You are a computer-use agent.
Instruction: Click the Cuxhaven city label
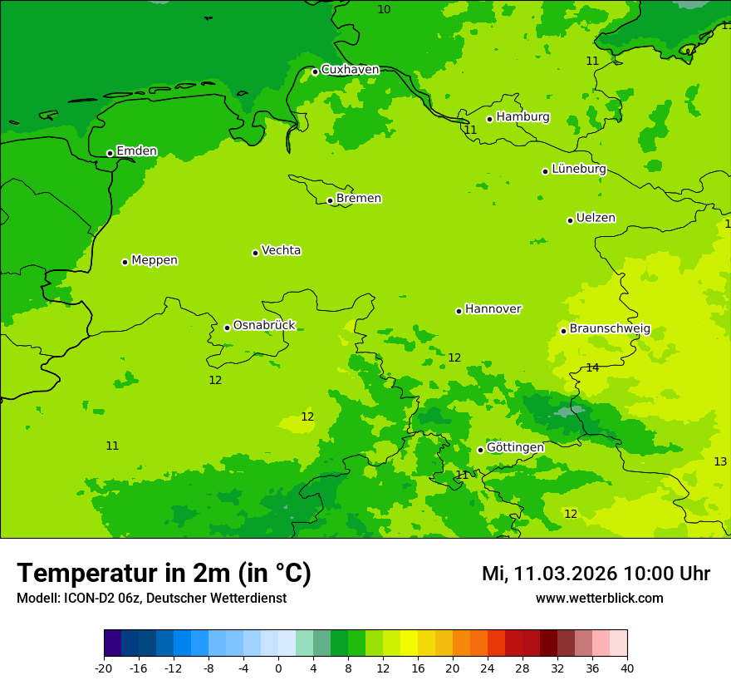(x=350, y=70)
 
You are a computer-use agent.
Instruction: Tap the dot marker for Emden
(x=110, y=153)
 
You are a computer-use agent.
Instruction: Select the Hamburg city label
(x=522, y=117)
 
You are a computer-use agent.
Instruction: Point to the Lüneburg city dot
(x=545, y=171)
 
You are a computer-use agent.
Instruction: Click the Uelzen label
(x=596, y=219)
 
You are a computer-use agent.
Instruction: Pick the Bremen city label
(x=358, y=199)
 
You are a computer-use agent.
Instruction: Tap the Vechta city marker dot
(x=255, y=253)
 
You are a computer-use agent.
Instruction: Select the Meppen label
(x=155, y=260)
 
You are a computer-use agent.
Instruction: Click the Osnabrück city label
(x=264, y=326)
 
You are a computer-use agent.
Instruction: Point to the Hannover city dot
(x=459, y=311)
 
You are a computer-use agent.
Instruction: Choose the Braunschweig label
(x=610, y=329)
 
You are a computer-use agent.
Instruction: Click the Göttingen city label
(x=515, y=448)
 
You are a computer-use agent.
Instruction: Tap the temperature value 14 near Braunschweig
(x=592, y=367)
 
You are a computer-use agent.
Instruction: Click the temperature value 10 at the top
(x=384, y=9)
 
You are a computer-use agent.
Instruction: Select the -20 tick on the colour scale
(x=104, y=668)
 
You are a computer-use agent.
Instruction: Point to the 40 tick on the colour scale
(x=627, y=668)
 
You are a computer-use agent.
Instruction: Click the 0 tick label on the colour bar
(x=278, y=668)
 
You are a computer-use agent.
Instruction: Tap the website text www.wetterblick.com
(x=599, y=599)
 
